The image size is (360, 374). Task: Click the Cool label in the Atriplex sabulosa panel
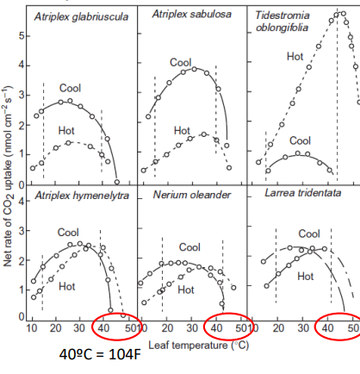tap(180, 62)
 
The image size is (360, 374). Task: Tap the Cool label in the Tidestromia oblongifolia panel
tap(300, 140)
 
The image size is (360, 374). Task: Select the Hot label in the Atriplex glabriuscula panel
tap(65, 129)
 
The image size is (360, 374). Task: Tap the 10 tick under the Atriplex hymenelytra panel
tap(32, 328)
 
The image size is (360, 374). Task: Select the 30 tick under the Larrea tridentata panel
tap(303, 328)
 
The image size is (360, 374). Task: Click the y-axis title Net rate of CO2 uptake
tap(8, 185)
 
